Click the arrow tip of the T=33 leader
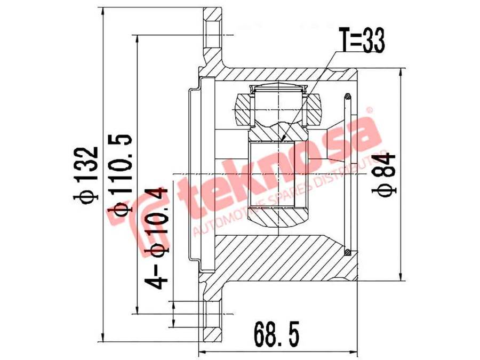[x=281, y=141]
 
